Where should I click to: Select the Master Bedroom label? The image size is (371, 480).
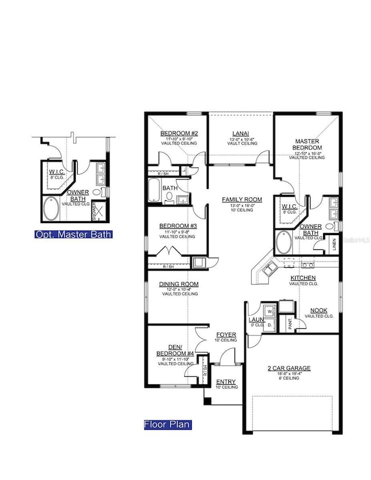[307, 144]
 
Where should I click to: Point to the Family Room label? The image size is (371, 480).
[242, 200]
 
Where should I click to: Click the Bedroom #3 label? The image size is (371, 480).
[178, 226]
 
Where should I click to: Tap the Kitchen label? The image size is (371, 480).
[303, 277]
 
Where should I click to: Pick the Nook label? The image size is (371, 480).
[318, 310]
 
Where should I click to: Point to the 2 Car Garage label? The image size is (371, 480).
[291, 368]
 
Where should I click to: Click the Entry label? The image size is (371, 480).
[225, 382]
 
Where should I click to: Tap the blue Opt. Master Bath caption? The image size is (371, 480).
[73, 234]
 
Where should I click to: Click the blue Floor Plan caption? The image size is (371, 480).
[167, 425]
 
